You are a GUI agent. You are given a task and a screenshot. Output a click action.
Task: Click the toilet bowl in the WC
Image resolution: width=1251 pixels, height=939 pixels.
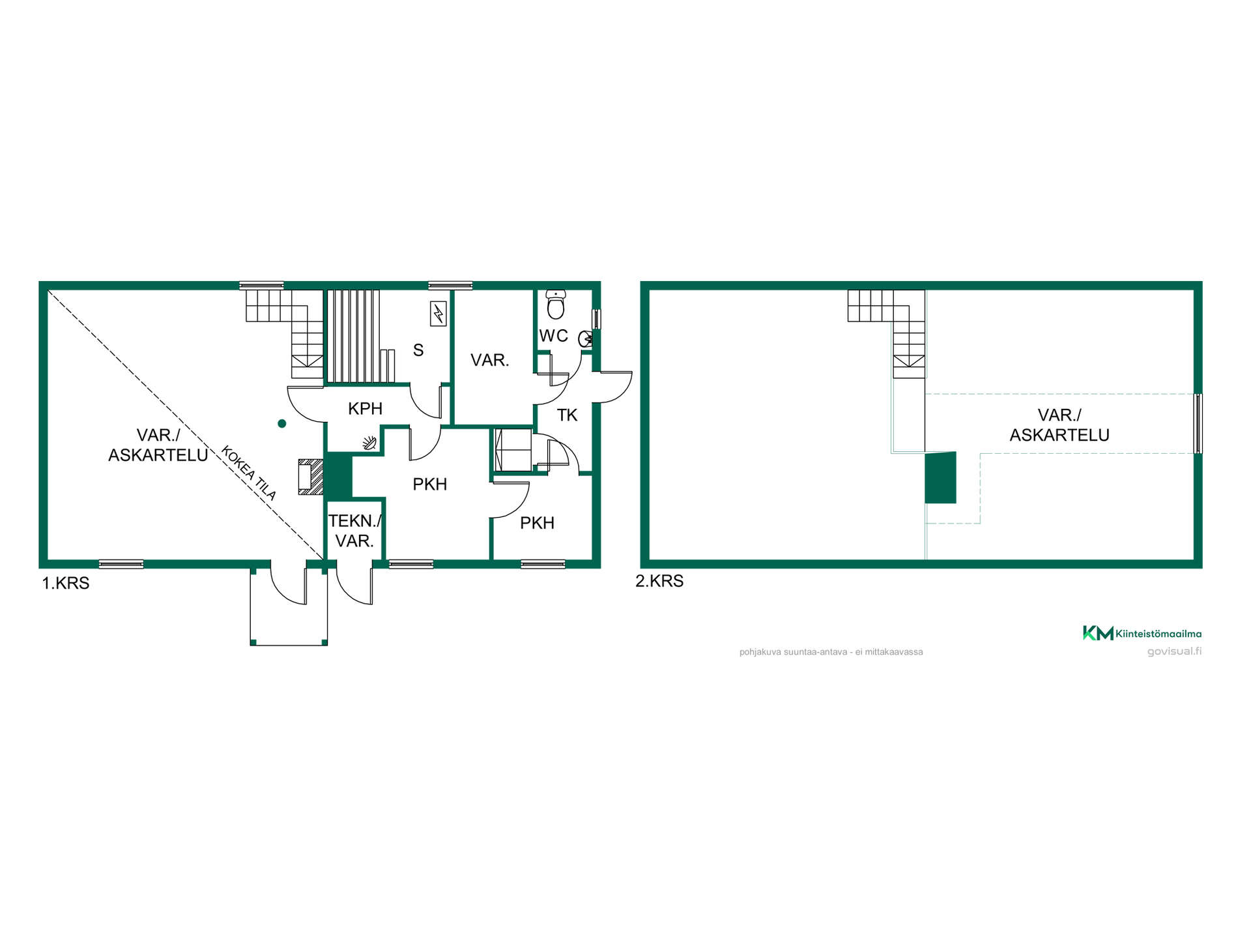[x=556, y=305]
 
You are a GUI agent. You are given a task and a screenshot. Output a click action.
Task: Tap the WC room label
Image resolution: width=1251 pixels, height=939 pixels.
[x=554, y=336]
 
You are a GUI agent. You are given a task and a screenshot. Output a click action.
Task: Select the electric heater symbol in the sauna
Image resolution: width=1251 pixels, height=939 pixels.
[x=439, y=314]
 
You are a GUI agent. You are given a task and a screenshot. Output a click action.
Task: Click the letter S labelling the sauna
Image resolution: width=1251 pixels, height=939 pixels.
[x=418, y=350]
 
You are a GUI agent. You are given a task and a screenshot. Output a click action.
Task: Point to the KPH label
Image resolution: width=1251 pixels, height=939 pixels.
[x=365, y=409]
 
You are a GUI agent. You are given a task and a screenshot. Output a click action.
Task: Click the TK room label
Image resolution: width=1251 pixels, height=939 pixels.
[x=568, y=415]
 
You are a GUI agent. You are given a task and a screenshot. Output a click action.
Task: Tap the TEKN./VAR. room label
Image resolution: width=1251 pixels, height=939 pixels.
[x=354, y=531]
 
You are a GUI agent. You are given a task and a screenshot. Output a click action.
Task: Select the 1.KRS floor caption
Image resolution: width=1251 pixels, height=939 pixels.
[x=66, y=583]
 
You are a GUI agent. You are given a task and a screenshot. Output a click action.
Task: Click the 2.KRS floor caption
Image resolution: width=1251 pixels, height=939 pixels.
[x=659, y=581]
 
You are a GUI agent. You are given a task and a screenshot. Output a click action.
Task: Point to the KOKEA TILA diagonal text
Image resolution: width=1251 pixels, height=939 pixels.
[x=249, y=473]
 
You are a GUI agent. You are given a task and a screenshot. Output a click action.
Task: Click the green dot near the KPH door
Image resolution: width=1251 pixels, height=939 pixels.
[x=282, y=424]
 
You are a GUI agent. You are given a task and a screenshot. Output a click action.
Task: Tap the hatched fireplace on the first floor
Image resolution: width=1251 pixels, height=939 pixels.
[x=311, y=477]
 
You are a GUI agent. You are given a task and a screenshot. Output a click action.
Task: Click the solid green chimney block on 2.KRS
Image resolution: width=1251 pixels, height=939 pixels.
[x=941, y=478]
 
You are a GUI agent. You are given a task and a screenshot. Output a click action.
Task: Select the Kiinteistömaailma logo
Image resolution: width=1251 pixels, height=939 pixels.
[x=1142, y=633]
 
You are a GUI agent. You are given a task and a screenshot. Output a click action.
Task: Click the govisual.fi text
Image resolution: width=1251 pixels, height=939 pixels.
[x=1175, y=651]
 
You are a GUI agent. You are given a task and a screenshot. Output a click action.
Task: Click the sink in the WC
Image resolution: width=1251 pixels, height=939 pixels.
[x=586, y=339]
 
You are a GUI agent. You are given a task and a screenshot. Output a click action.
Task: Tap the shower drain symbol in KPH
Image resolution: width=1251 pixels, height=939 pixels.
[x=370, y=443]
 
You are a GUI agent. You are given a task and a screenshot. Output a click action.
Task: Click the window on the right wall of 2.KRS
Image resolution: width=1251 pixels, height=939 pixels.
[x=1198, y=423]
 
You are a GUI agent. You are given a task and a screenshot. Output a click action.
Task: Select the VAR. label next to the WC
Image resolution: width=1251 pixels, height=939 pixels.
[x=490, y=360]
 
